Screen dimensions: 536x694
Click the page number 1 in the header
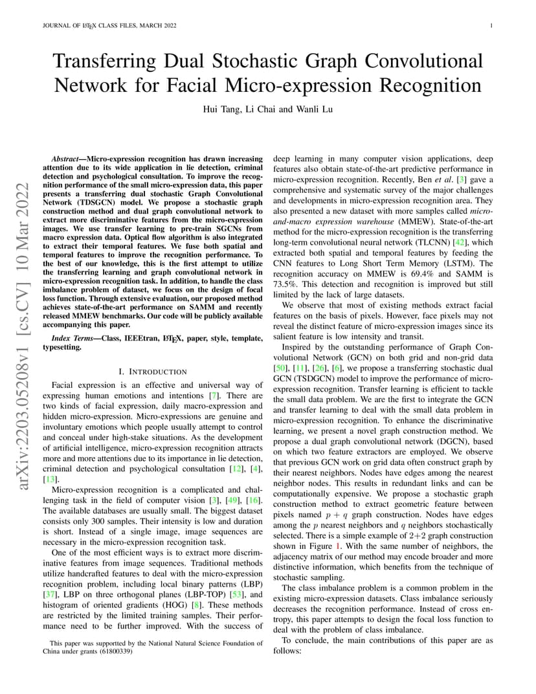pyautogui.click(x=491, y=26)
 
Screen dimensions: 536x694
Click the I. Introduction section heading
pyautogui.click(x=153, y=372)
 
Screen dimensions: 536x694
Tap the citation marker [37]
pyautogui.click(x=50, y=594)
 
